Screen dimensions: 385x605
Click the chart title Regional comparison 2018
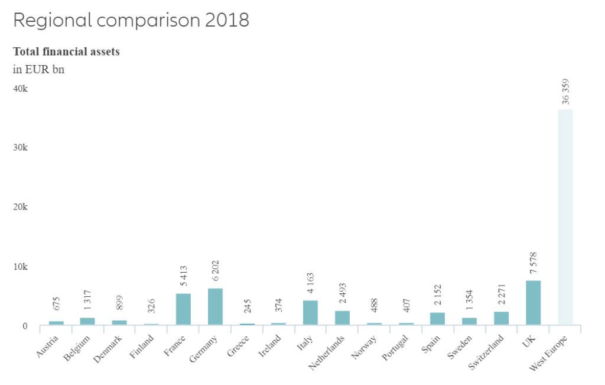(x=131, y=20)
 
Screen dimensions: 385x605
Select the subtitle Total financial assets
(x=66, y=51)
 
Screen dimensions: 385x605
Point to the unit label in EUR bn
(x=39, y=69)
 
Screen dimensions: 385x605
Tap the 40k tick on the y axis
(x=21, y=89)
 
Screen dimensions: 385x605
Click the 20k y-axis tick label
(x=21, y=207)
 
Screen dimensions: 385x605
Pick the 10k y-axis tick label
(x=21, y=267)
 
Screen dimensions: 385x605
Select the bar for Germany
(x=215, y=306)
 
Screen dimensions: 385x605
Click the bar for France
(x=183, y=309)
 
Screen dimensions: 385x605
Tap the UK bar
(x=533, y=302)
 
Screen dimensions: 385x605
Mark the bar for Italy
(x=310, y=312)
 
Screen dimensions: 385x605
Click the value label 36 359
(x=565, y=91)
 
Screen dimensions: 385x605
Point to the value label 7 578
(x=534, y=262)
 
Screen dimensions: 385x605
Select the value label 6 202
(x=216, y=270)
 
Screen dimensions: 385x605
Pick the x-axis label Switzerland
(x=487, y=352)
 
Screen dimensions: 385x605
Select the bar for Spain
(x=437, y=318)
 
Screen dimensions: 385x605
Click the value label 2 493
(x=342, y=292)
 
